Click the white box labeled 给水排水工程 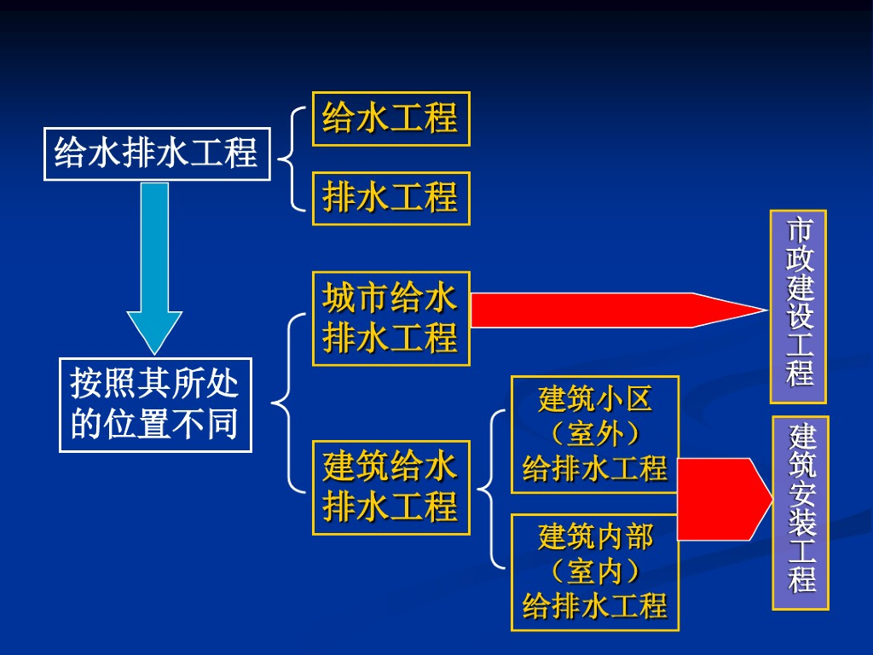[157, 154]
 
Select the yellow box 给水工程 [390, 119]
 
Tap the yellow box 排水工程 [390, 199]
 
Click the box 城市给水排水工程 [390, 319]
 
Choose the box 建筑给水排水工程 [390, 487]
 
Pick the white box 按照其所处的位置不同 [155, 404]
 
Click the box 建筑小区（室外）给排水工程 [595, 434]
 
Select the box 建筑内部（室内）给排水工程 [595, 572]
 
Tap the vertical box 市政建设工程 [799, 306]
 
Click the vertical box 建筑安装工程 [801, 513]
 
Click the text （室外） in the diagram [595, 435]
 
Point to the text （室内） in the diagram [595, 572]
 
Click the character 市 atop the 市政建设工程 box [799, 231]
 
